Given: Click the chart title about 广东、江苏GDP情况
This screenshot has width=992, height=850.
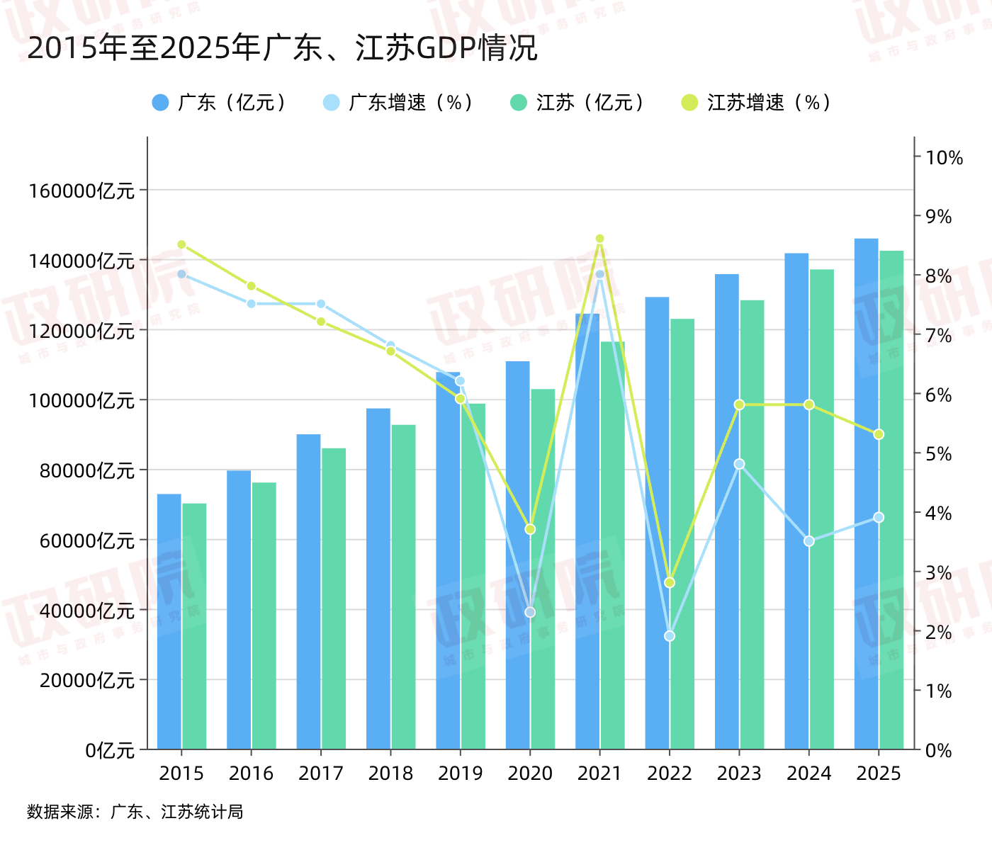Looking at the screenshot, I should tap(282, 48).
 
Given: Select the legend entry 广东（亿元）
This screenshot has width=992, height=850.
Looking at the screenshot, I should tap(220, 103).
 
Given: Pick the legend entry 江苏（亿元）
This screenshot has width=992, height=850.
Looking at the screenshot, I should tap(578, 103).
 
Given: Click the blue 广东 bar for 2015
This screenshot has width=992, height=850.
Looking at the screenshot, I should tap(169, 621).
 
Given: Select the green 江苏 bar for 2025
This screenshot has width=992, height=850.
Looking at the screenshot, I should tap(891, 499).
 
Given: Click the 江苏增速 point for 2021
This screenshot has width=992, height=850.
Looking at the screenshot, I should tap(599, 239).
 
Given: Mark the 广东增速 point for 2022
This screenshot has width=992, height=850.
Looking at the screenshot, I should tap(670, 636).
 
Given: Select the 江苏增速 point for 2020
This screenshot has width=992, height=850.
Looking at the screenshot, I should tap(530, 529).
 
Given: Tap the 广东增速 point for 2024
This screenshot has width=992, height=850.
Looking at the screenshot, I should tap(809, 541).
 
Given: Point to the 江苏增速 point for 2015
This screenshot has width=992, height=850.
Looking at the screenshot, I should tap(181, 244).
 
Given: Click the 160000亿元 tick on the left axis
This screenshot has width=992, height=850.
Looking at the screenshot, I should tap(81, 191).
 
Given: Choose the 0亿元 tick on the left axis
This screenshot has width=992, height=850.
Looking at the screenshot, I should tap(110, 750).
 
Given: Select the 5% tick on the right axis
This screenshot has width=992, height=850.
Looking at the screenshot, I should tap(939, 454).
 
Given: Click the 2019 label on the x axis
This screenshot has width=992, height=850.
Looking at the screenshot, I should tap(460, 773).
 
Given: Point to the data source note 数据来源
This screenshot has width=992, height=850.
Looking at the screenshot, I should tap(135, 812).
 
